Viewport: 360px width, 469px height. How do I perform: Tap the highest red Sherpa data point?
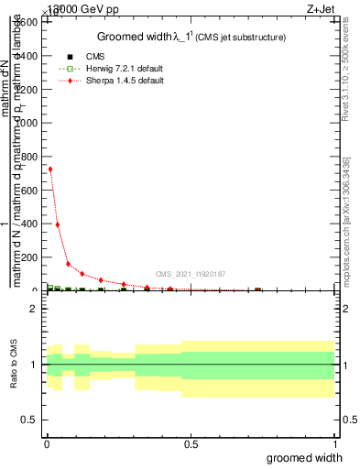pos(50,169)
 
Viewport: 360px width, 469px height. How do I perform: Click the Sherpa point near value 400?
pos(58,224)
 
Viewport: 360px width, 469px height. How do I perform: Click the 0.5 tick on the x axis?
pos(191,443)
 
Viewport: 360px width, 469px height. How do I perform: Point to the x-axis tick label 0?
pos(47,443)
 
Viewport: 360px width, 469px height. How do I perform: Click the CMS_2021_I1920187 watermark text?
pos(190,274)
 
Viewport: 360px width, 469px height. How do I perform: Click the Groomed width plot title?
pos(191,37)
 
